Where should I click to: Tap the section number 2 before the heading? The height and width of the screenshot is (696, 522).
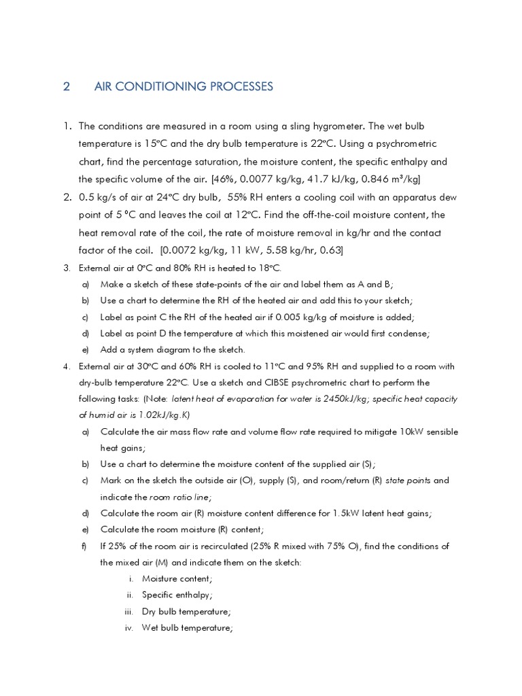(x=67, y=86)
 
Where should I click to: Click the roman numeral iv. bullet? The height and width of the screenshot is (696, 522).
(x=128, y=628)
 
